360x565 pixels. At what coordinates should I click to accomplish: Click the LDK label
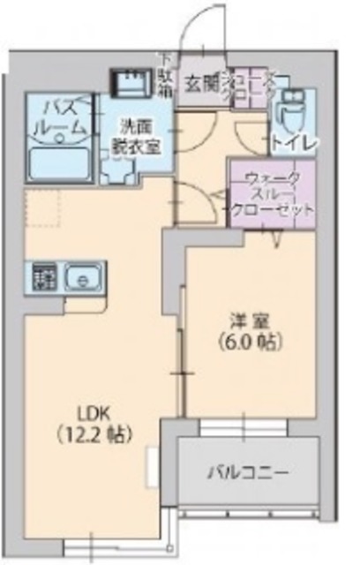(96, 412)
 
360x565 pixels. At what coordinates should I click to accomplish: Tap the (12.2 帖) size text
(96, 434)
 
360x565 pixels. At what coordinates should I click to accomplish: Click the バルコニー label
(248, 472)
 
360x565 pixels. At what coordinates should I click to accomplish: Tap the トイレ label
(290, 140)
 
